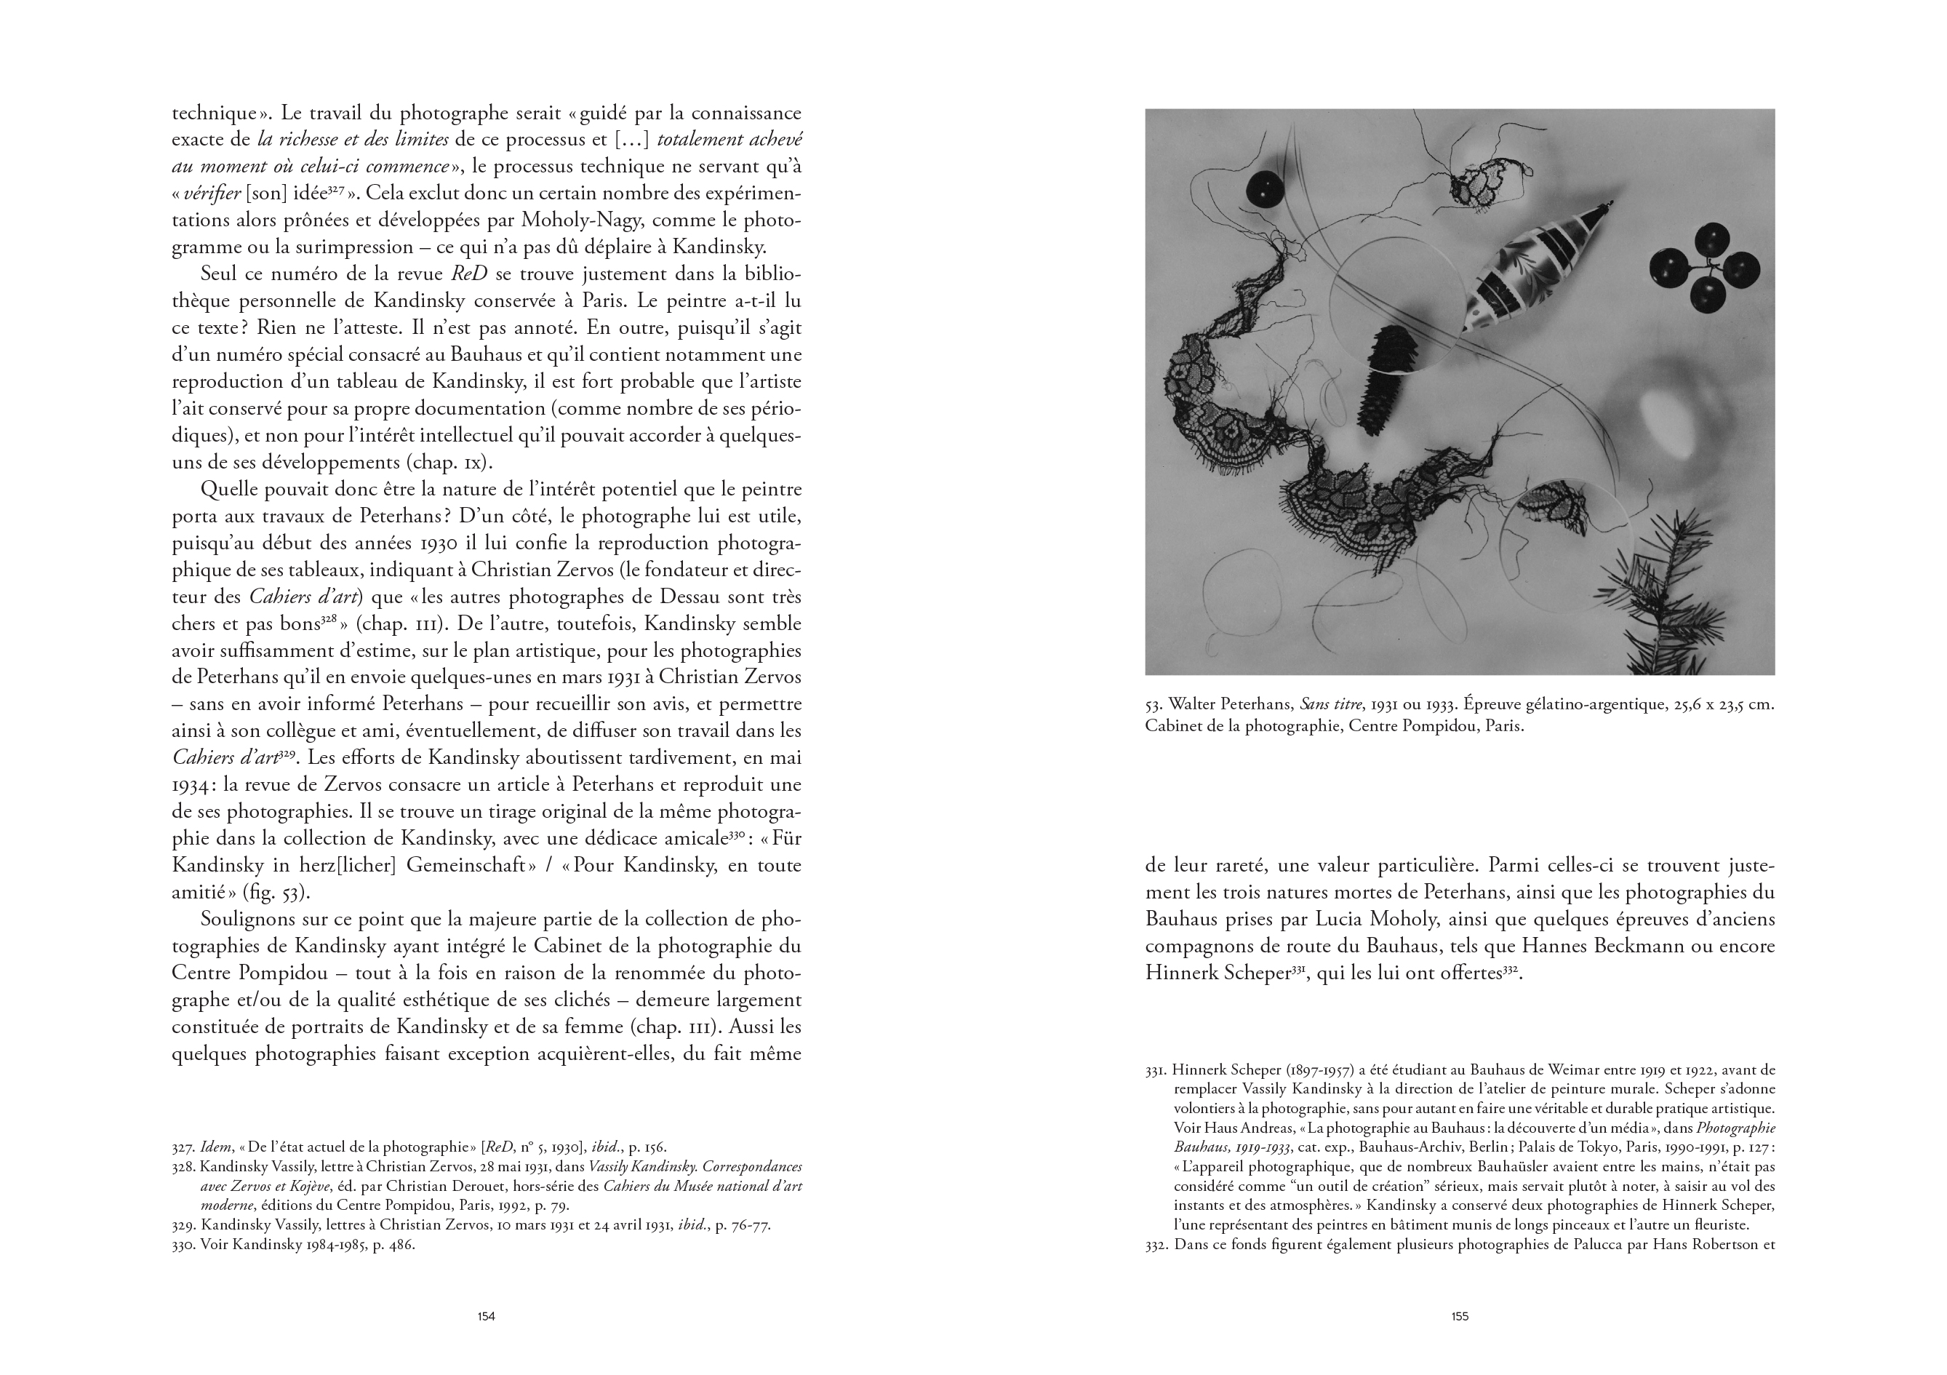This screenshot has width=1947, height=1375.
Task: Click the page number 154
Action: tap(486, 1317)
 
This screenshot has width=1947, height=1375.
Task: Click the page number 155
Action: tap(1460, 1317)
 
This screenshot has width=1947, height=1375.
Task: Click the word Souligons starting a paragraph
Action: tap(246, 920)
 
